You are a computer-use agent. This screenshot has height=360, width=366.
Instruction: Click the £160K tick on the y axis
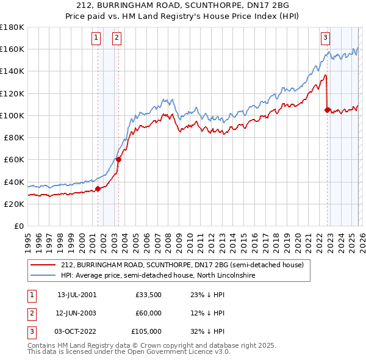(12, 49)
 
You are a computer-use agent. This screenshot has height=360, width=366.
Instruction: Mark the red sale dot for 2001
(98, 189)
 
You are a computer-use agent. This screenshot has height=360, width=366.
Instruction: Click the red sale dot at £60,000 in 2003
(118, 160)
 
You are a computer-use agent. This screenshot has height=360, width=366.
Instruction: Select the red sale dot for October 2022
(328, 110)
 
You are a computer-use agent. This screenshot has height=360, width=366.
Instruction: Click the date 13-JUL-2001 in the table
(77, 294)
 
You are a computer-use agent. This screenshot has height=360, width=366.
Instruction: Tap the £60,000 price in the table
(149, 313)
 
